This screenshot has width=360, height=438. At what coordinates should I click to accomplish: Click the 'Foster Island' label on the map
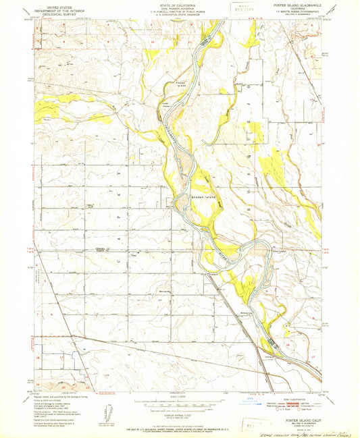(x=180, y=84)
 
